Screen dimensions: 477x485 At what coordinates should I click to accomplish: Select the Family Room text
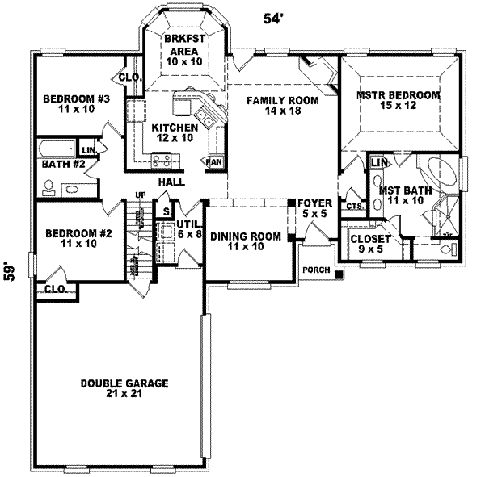tap(282, 107)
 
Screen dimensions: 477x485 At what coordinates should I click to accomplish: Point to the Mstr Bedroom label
tap(398, 101)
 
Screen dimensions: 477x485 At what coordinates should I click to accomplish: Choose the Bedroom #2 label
tap(73, 239)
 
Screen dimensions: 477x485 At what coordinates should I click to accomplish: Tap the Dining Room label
tap(246, 241)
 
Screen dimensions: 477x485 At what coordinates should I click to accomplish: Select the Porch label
tap(315, 270)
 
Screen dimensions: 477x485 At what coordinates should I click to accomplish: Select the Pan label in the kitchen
tap(214, 161)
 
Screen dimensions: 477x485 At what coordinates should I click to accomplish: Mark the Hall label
tap(171, 182)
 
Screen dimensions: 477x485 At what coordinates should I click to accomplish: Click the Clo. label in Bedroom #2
tap(55, 288)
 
